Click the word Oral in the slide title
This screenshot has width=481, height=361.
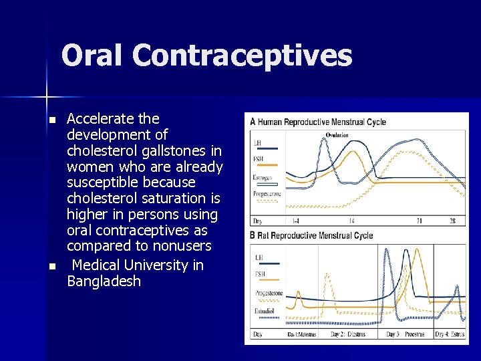pos(93,55)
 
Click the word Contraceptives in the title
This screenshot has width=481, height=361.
pos(242,55)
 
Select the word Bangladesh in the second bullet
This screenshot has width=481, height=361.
pos(104,281)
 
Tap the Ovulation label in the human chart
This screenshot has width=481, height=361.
pos(337,136)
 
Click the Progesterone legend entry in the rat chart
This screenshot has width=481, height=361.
pos(269,293)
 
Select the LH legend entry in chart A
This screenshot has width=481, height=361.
pos(258,142)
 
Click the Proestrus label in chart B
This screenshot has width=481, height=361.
pos(414,334)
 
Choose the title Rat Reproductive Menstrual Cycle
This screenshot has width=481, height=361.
pos(315,235)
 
